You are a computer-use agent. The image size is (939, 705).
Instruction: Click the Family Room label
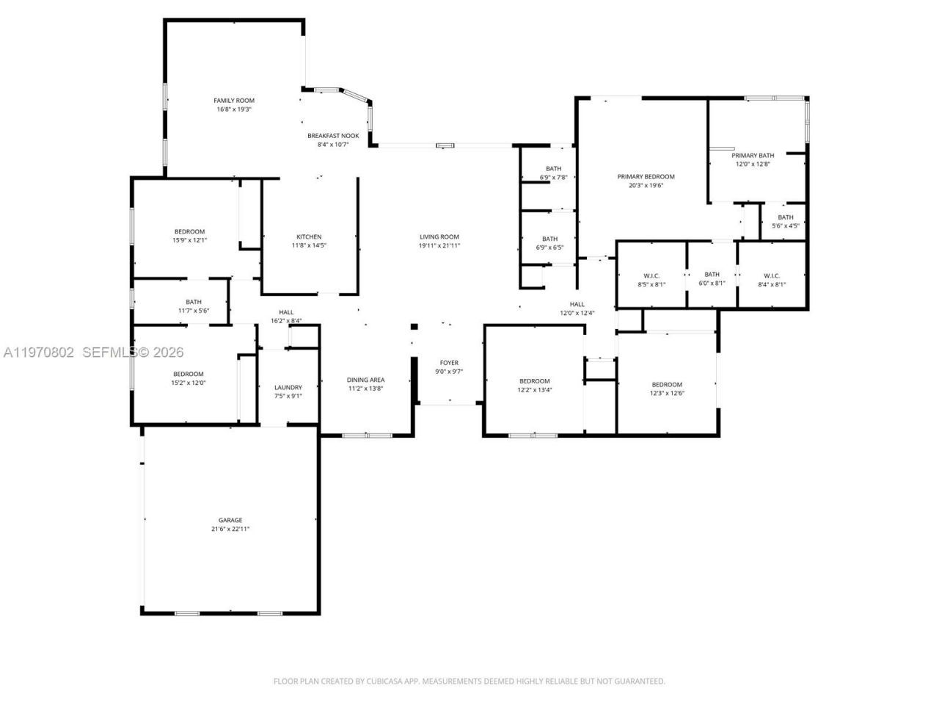click(x=234, y=101)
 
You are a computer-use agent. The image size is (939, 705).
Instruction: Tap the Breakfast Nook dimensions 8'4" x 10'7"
click(x=332, y=145)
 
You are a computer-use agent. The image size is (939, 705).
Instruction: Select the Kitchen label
click(x=309, y=236)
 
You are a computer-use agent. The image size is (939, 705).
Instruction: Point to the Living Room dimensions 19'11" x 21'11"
click(x=439, y=246)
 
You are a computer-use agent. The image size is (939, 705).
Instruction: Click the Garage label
click(x=230, y=520)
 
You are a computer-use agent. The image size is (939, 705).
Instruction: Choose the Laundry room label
click(x=288, y=387)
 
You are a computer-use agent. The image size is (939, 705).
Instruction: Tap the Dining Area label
click(x=365, y=380)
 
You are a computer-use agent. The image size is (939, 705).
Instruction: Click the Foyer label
click(x=449, y=363)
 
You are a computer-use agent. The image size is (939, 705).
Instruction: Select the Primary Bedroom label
click(x=646, y=176)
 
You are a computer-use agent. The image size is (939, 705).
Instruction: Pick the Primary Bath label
click(x=753, y=155)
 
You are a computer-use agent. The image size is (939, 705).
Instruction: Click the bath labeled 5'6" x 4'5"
click(x=786, y=217)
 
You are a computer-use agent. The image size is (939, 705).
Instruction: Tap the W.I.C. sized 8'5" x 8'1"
click(x=651, y=275)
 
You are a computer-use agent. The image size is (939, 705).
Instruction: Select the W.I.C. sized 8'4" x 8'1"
click(x=771, y=275)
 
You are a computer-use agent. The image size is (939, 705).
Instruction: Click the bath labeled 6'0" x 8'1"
click(x=712, y=275)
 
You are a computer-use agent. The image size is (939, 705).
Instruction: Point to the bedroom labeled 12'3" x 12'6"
click(x=667, y=384)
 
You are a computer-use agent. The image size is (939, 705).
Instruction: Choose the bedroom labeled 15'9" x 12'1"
click(x=189, y=231)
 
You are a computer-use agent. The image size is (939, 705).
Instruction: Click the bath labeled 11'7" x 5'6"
click(x=194, y=302)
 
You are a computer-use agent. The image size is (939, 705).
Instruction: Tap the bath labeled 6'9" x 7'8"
click(x=553, y=169)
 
